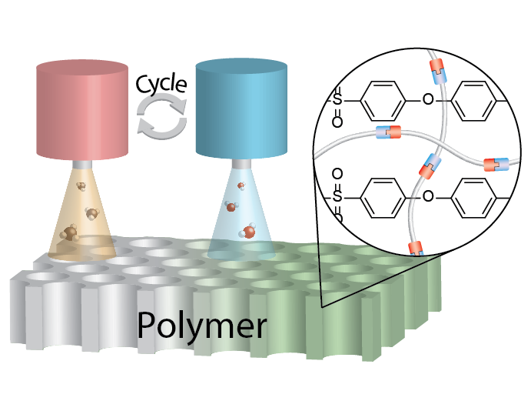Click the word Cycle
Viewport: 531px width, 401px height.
[x=161, y=82]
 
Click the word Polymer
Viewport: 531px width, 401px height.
[x=202, y=326]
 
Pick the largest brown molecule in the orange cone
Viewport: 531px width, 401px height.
[x=70, y=233]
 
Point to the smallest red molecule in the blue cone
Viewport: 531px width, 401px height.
[x=241, y=185]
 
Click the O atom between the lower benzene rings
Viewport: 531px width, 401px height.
[x=428, y=195]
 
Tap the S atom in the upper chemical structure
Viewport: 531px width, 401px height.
[x=338, y=99]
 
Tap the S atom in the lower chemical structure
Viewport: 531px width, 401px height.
[x=338, y=195]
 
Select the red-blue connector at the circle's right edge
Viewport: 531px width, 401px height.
[x=495, y=165]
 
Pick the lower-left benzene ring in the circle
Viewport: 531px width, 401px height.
[x=380, y=195]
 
